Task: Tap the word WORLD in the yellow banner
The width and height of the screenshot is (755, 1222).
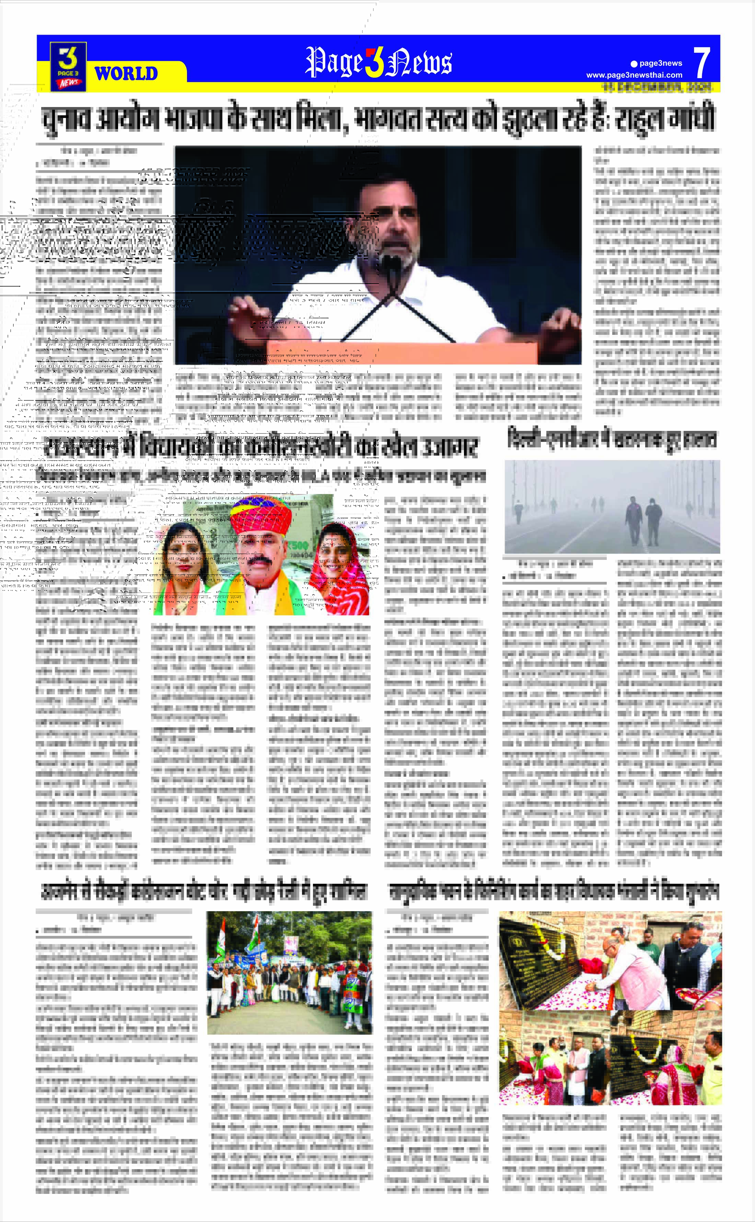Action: point(126,73)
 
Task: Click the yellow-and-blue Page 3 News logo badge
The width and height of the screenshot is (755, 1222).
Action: point(68,67)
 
